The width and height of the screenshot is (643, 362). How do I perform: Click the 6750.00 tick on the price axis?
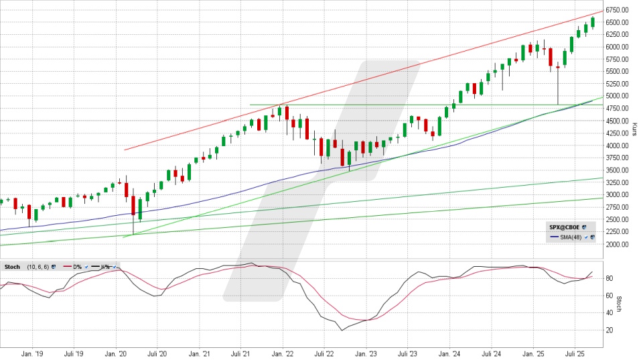[617, 10]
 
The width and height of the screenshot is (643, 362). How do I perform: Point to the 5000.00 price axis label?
[617, 96]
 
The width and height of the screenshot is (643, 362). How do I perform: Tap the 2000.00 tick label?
[617, 244]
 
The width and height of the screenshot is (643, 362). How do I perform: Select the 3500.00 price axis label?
[617, 170]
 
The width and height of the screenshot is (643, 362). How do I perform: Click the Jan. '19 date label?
[32, 353]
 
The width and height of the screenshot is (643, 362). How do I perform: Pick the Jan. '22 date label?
[283, 353]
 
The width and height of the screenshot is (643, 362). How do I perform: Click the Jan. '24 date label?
[449, 353]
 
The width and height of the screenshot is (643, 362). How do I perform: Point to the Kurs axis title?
[634, 128]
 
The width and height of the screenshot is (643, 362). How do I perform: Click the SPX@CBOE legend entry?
[565, 227]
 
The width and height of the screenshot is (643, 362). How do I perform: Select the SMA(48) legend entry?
[568, 237]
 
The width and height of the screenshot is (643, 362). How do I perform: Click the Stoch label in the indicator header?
[12, 266]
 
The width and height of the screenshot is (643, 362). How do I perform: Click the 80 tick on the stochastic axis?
[609, 278]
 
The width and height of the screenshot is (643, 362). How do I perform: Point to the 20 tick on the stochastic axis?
[609, 330]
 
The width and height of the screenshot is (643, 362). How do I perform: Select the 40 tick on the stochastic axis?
[609, 312]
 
